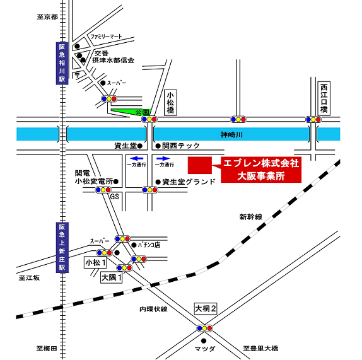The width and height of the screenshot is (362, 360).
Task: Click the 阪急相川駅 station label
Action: pos(62,63)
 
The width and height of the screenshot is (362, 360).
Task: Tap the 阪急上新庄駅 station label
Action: pos(62,247)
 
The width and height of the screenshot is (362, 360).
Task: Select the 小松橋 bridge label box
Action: pos(171,103)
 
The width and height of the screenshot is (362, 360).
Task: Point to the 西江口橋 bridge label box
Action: pos(324,98)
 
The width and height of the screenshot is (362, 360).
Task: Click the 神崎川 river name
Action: pos(231,134)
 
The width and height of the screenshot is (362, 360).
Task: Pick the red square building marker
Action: pos(200,165)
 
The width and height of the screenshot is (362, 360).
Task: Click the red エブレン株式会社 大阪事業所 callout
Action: pos(261,170)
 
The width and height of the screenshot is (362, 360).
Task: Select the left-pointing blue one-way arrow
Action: pos(137,158)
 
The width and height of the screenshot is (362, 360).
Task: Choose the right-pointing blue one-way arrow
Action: pos(163,158)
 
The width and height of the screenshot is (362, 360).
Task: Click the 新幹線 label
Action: pos(251,217)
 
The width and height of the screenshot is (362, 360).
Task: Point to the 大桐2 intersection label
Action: pos(206,308)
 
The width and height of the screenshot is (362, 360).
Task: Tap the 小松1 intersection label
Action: pos(96,263)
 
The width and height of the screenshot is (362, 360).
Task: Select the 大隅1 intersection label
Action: pos(112,277)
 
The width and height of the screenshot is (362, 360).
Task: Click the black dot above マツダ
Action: pos(204,340)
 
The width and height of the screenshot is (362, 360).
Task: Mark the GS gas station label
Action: pos(115,196)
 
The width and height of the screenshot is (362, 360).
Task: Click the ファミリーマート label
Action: pos(106,37)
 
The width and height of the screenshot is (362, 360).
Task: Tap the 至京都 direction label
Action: pos(47,17)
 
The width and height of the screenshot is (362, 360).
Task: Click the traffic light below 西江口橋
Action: pos(313,119)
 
